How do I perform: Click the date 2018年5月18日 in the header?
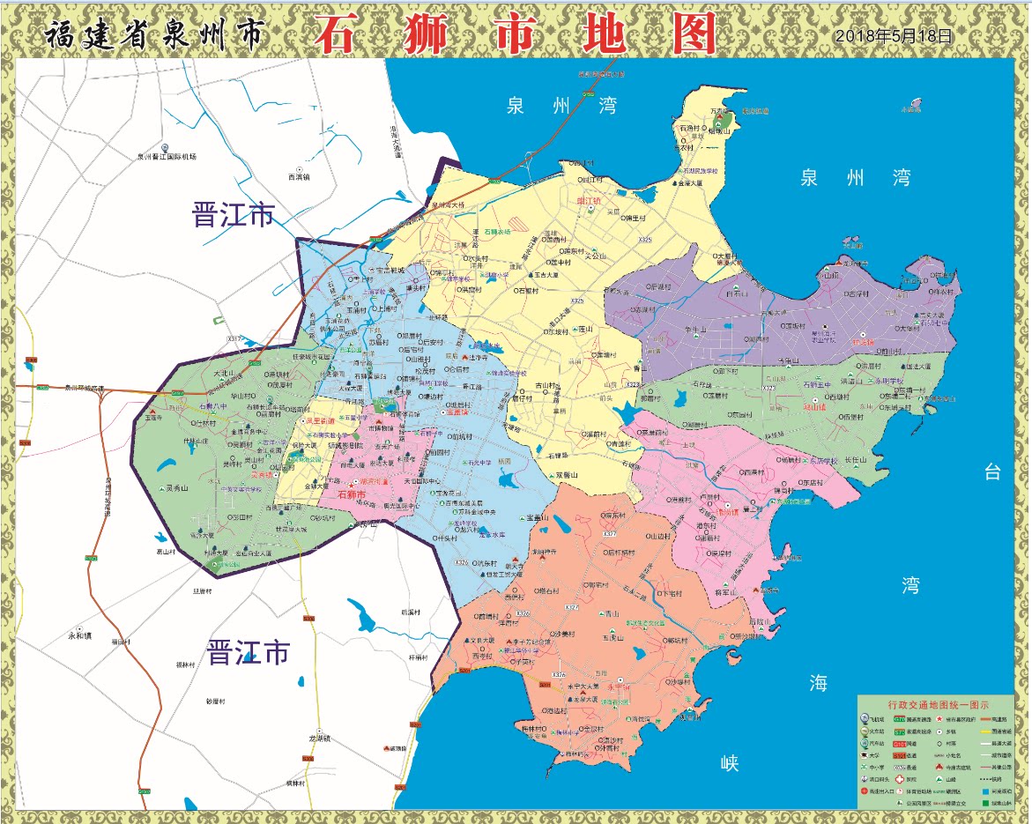pyautogui.click(x=894, y=36)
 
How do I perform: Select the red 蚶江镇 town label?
pyautogui.click(x=589, y=201)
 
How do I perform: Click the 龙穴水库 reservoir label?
pyautogui.click(x=493, y=534)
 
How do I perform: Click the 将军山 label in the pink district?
pyautogui.click(x=724, y=593)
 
